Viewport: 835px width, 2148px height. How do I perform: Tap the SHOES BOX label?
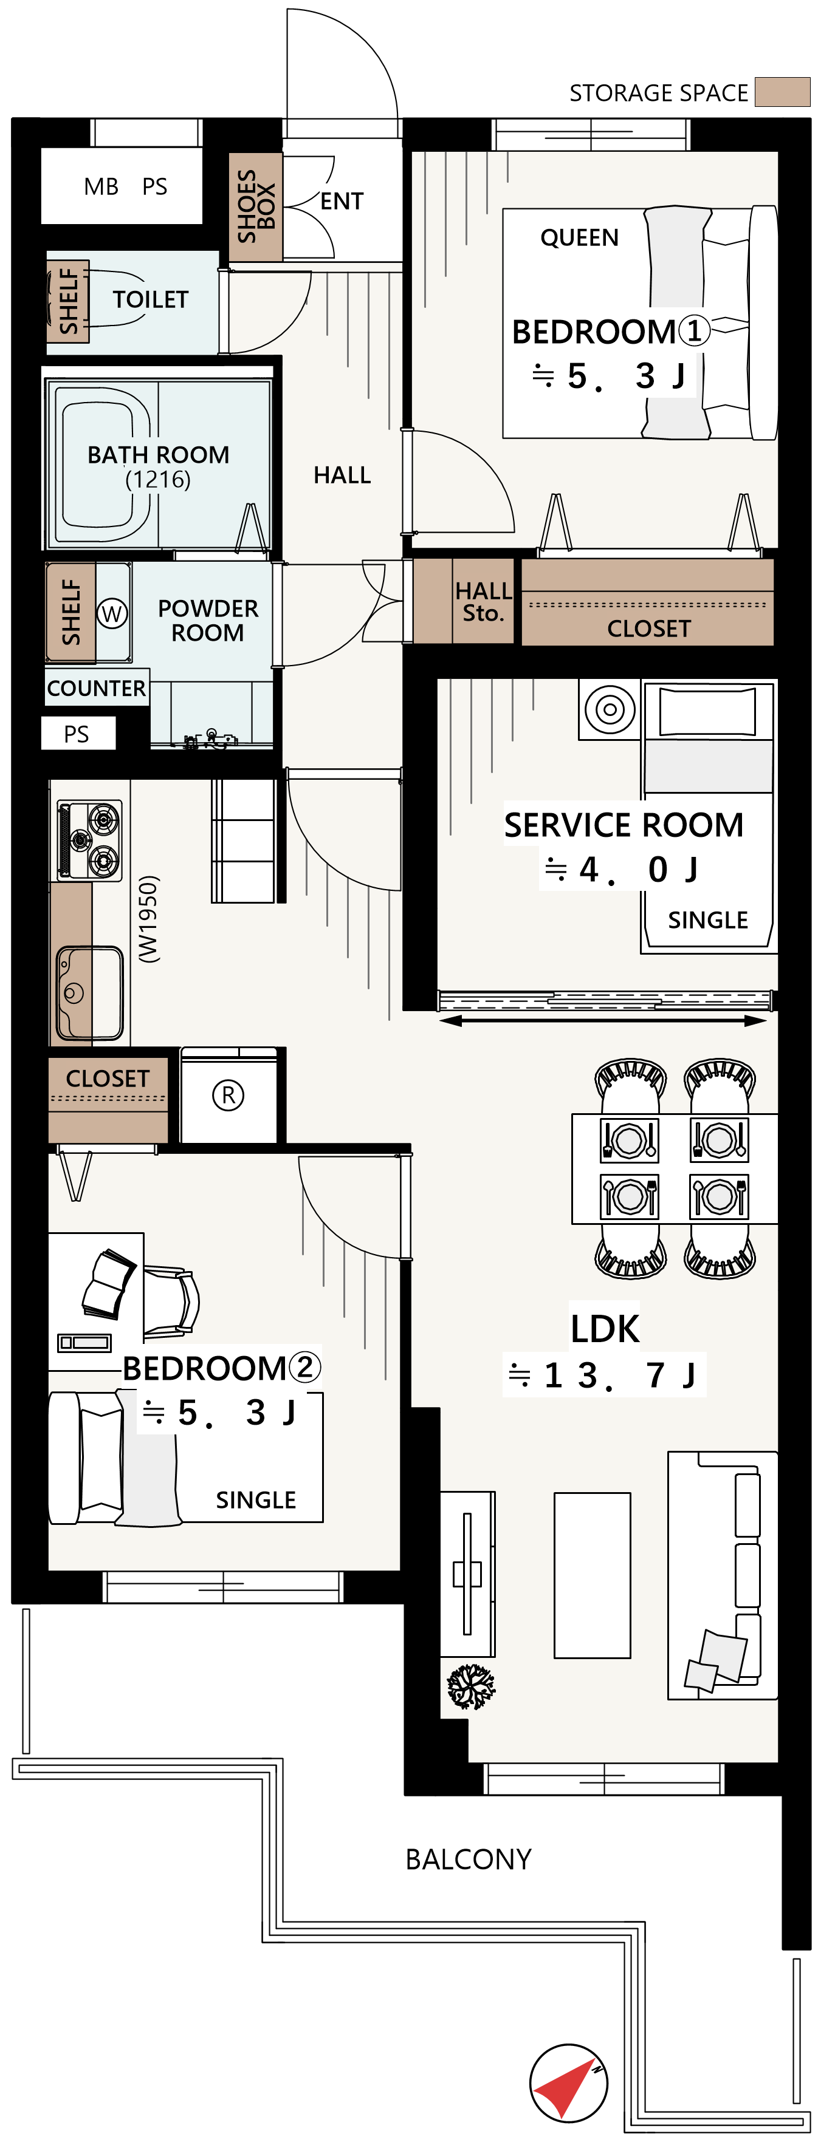pos(256,206)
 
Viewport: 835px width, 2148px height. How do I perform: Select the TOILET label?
pos(151,299)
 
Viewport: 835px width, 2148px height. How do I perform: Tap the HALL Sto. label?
pos(483,602)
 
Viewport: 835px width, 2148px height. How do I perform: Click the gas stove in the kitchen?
pos(89,840)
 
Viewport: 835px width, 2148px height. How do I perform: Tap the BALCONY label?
pos(468,1859)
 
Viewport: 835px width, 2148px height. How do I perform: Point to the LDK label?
pos(605,1328)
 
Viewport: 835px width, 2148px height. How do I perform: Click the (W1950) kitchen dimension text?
pos(148,919)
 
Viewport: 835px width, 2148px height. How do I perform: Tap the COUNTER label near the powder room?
pos(97,688)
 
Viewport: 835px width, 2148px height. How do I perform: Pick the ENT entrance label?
pos(342,202)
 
